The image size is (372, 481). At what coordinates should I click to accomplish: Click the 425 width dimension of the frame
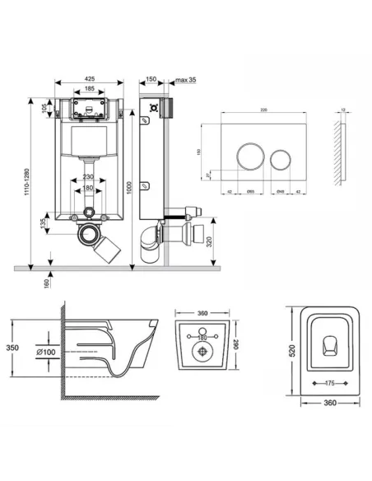(x=89, y=80)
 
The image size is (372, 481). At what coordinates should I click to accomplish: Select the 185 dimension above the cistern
(x=89, y=90)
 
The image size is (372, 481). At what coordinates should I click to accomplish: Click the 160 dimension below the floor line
(x=48, y=282)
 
